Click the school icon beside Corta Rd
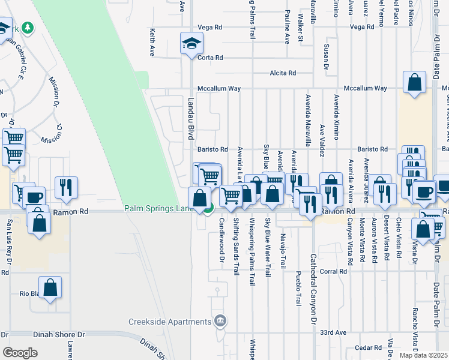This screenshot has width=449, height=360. tap(192, 43)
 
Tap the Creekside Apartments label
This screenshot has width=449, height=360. tap(170, 322)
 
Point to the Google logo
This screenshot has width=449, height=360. tap(20, 352)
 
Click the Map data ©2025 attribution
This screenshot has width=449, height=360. tap(423, 355)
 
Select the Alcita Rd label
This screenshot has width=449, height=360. tap(283, 73)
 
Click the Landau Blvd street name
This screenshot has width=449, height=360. tap(191, 120)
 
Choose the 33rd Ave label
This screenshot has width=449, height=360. tap(334, 332)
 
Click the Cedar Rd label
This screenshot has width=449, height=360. tap(369, 347)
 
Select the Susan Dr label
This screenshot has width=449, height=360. tap(326, 54)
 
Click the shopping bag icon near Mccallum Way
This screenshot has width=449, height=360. tap(414, 83)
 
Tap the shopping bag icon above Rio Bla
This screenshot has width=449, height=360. tap(50, 288)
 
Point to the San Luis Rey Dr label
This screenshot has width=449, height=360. tap(8, 240)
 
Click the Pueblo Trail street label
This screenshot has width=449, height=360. tap(298, 289)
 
